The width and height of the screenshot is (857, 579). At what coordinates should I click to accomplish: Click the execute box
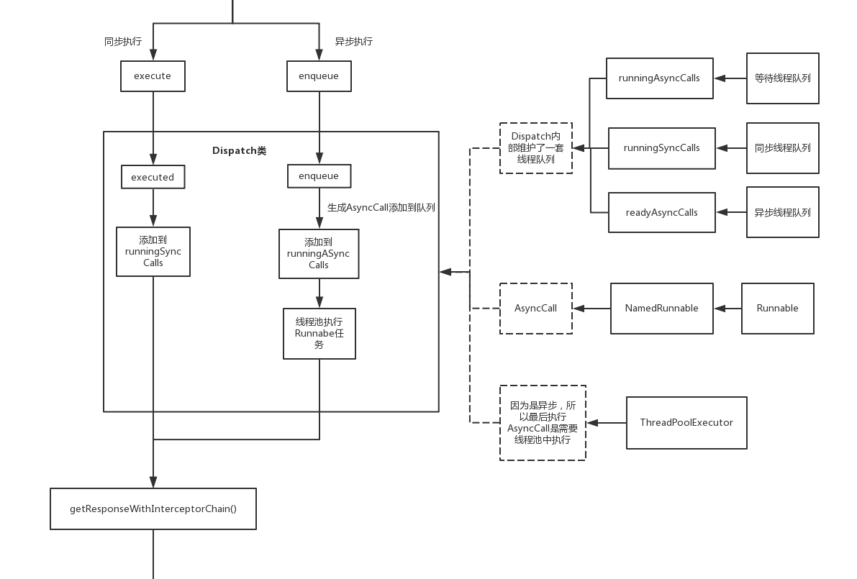[x=153, y=76]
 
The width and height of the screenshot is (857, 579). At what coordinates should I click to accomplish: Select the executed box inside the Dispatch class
[x=153, y=177]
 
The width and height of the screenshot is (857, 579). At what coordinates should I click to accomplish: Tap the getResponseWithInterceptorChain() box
[x=153, y=509]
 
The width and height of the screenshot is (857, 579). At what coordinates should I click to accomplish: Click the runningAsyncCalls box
[x=660, y=78]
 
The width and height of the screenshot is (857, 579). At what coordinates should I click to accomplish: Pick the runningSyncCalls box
[x=662, y=148]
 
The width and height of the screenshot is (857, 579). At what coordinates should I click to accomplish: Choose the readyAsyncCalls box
[x=662, y=212]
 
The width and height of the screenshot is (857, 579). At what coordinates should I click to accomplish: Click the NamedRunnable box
[x=662, y=308]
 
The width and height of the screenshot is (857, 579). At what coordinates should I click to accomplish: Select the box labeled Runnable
[x=778, y=308]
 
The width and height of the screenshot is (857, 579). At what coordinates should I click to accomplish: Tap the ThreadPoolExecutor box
[x=686, y=423]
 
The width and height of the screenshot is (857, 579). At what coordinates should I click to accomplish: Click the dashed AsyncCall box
[x=536, y=308]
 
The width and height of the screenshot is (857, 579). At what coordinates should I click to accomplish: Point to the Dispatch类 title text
[x=240, y=151]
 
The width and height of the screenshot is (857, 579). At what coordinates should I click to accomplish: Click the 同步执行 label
[x=123, y=42]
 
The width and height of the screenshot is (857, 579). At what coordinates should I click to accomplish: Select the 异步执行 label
[x=353, y=42]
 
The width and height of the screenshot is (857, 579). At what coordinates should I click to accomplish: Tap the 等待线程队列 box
[x=783, y=78]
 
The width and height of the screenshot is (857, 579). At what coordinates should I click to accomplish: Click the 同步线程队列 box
[x=783, y=148]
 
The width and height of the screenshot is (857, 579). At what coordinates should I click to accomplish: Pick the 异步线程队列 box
[x=783, y=212]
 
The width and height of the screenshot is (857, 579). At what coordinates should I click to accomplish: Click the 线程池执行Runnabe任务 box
[x=319, y=334]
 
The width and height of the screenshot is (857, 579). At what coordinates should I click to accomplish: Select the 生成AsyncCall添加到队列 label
[x=381, y=208]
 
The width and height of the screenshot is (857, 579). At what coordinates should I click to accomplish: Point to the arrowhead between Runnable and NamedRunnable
[x=720, y=308]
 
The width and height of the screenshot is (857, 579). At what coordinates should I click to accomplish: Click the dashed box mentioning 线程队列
[x=536, y=148]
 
